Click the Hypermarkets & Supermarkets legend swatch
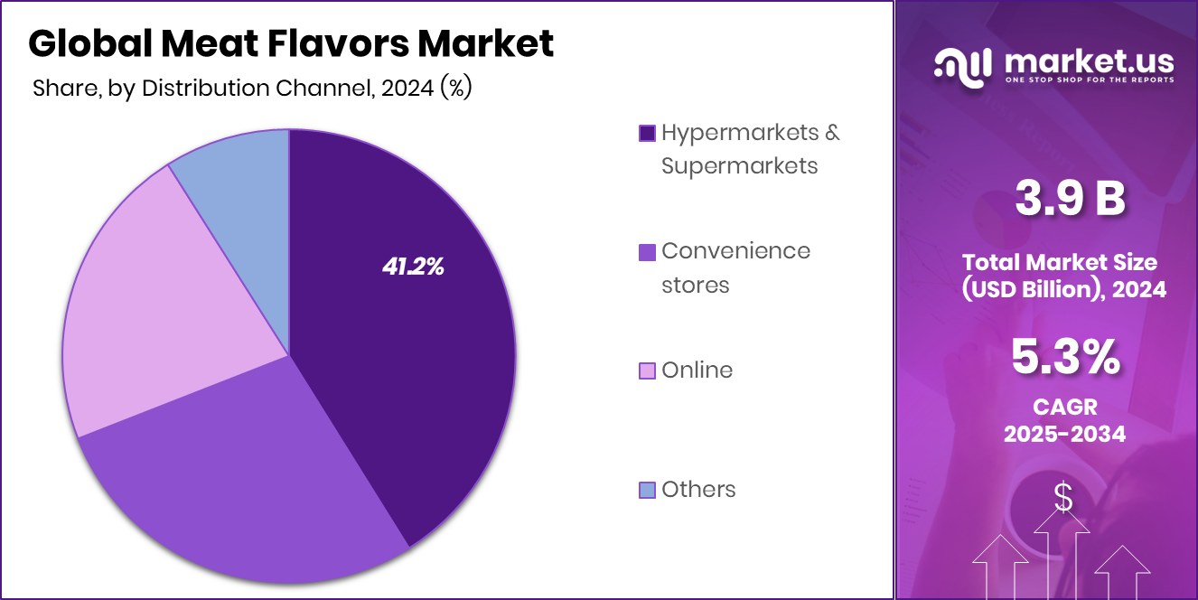(x=647, y=133)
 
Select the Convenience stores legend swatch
(x=647, y=251)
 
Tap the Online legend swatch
(x=647, y=370)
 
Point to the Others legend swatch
(x=647, y=490)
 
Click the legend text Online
(x=697, y=370)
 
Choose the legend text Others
(x=698, y=489)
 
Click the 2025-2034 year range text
(x=1065, y=434)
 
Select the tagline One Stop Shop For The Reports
(x=1090, y=80)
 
